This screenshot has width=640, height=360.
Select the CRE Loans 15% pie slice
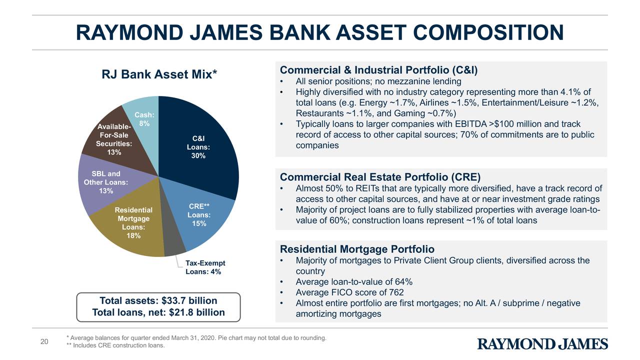[x=205, y=220]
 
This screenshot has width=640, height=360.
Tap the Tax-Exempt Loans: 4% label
[x=205, y=267]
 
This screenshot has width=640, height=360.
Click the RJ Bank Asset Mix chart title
[x=159, y=74]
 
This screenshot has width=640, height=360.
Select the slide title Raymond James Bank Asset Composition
[x=319, y=33]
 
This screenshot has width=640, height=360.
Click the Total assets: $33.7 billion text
[x=158, y=300]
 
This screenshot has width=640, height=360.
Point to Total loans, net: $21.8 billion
[x=158, y=313]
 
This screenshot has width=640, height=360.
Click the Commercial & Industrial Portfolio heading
[x=379, y=70]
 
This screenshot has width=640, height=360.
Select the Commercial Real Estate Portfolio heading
[x=380, y=177]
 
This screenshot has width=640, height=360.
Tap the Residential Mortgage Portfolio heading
[x=357, y=249]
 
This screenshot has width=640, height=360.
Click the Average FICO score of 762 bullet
[x=349, y=292]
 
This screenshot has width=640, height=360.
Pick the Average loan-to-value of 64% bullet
[x=353, y=282]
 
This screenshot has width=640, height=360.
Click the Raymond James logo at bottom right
[x=542, y=344]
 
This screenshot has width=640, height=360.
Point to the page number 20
[x=44, y=341]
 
